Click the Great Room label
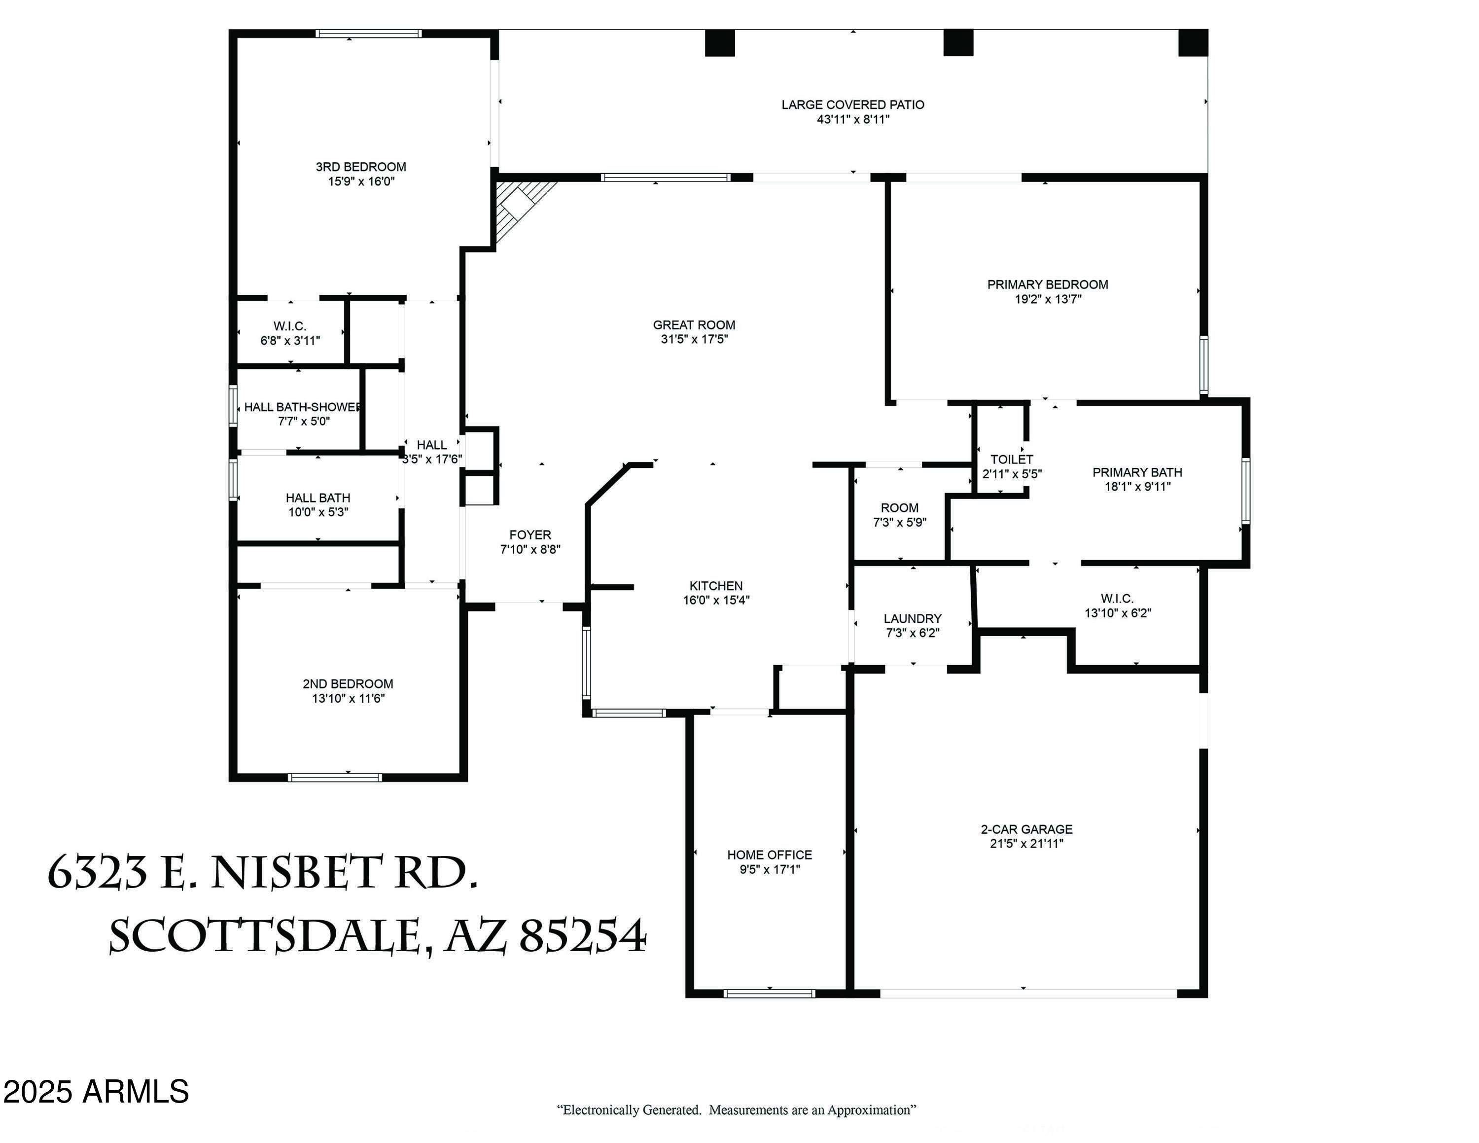pyautogui.click(x=694, y=325)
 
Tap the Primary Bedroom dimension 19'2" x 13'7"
pyautogui.click(x=1048, y=299)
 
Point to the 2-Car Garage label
pyautogui.click(x=1026, y=829)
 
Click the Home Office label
pyautogui.click(x=769, y=855)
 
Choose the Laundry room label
pyautogui.click(x=912, y=618)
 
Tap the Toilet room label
pyautogui.click(x=1012, y=459)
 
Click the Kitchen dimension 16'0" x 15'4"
pyautogui.click(x=716, y=600)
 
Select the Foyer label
pyautogui.click(x=530, y=535)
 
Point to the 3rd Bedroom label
pyautogui.click(x=361, y=167)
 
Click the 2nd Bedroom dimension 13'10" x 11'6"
pyautogui.click(x=348, y=698)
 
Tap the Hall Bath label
pyautogui.click(x=317, y=498)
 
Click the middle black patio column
pyautogui.click(x=958, y=43)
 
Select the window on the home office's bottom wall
pyautogui.click(x=769, y=994)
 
